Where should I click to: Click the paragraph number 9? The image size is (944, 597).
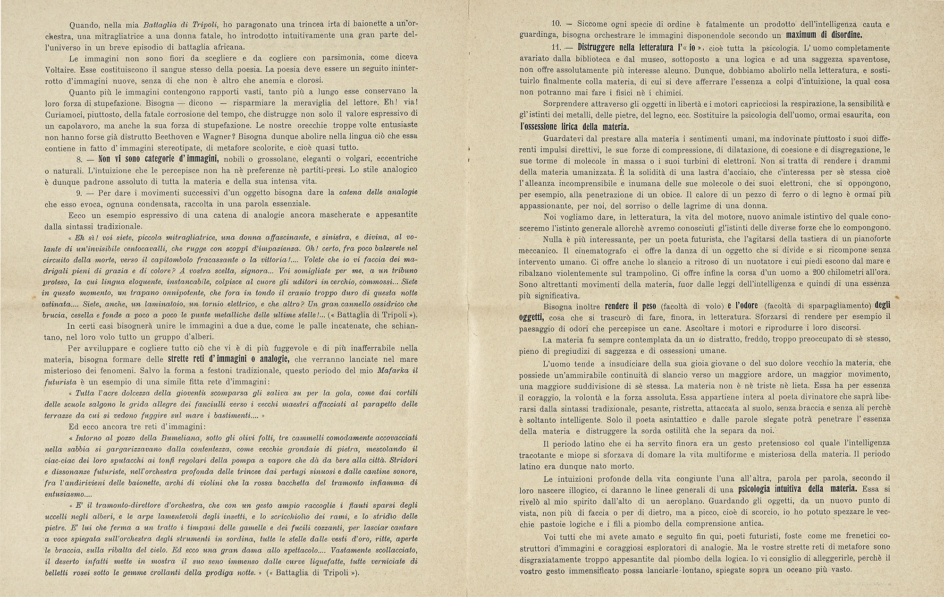[79, 192]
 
